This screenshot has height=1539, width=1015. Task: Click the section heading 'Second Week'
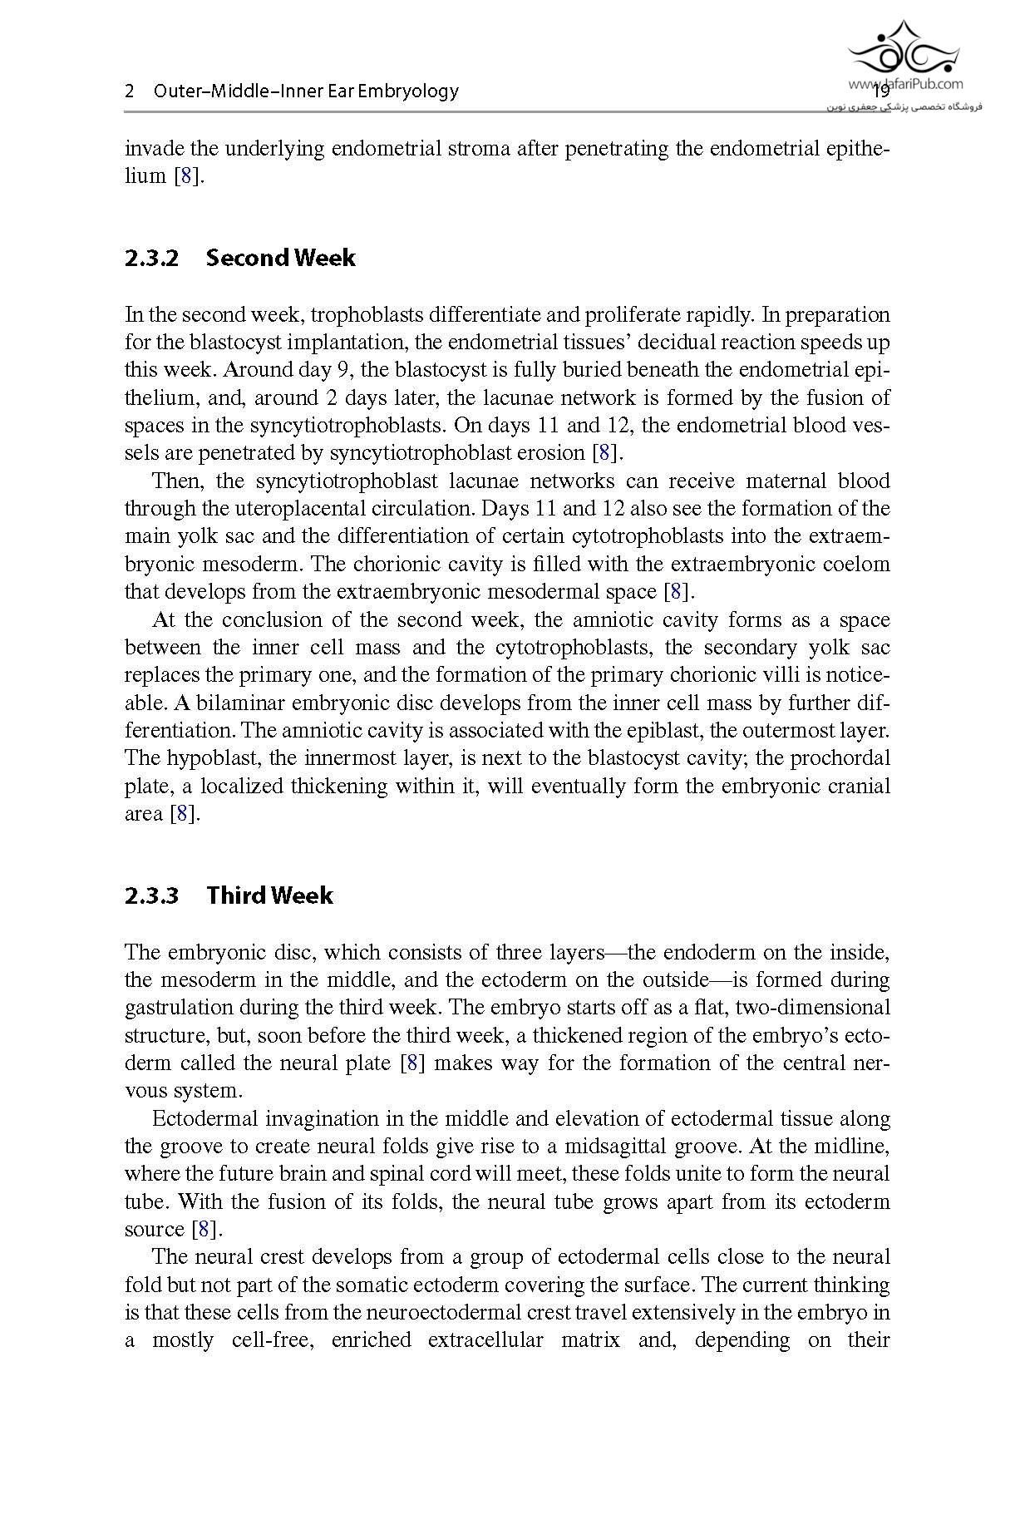pos(280,258)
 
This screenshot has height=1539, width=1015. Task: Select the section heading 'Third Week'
pos(269,895)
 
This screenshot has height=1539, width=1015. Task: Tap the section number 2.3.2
pos(151,258)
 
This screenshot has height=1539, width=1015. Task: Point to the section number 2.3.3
pos(151,895)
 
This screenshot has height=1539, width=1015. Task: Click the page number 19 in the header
pos(881,91)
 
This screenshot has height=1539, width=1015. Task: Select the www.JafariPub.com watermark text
pos(905,83)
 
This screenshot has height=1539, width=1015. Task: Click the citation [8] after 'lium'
pos(188,176)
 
